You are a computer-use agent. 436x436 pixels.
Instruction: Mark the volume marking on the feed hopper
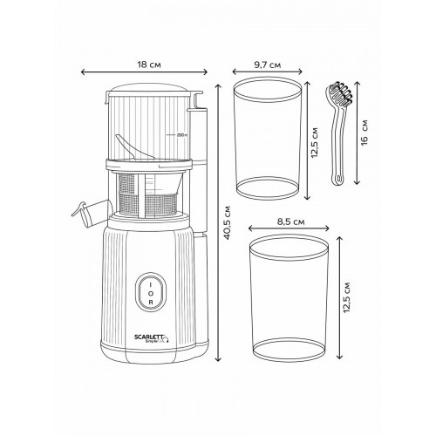pyautogui.click(x=181, y=135)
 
